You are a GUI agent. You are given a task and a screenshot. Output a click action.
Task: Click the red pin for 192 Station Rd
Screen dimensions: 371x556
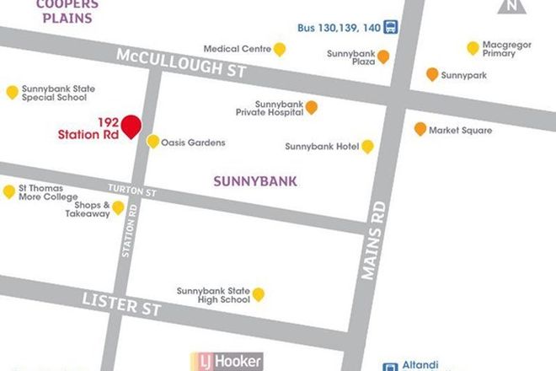pyautogui.click(x=131, y=126)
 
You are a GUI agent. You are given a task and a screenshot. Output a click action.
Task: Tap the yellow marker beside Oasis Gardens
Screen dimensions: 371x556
pyautogui.click(x=152, y=141)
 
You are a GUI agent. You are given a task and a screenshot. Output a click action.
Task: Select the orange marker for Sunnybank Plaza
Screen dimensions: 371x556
pyautogui.click(x=382, y=56)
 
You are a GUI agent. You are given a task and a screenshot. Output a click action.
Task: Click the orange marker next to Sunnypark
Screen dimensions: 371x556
pyautogui.click(x=432, y=74)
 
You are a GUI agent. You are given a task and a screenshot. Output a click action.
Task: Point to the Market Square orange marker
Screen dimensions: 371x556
pyautogui.click(x=420, y=129)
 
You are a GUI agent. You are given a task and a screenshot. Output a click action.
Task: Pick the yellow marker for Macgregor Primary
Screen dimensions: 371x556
pyautogui.click(x=473, y=48)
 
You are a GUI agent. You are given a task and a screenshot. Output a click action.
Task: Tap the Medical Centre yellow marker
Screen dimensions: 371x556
pyautogui.click(x=280, y=49)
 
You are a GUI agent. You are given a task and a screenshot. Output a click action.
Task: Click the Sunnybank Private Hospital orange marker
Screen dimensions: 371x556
pyautogui.click(x=312, y=107)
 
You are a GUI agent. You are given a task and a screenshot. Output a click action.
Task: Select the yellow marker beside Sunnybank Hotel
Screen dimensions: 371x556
pyautogui.click(x=367, y=146)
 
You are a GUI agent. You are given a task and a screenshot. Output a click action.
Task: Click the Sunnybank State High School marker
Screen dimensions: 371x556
pyautogui.click(x=259, y=293)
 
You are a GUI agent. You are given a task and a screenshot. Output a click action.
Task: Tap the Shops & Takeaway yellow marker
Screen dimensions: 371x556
pyautogui.click(x=118, y=207)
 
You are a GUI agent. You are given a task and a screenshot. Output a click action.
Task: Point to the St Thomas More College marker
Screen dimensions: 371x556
pyautogui.click(x=9, y=191)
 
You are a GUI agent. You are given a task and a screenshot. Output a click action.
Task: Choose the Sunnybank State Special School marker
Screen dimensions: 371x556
pyautogui.click(x=12, y=92)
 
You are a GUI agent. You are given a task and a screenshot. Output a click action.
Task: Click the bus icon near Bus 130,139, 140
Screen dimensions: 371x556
pyautogui.click(x=392, y=26)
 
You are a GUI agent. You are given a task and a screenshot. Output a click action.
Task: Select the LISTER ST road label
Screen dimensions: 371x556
pyautogui.click(x=120, y=304)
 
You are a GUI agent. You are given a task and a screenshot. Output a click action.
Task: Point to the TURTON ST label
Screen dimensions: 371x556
pyautogui.click(x=133, y=191)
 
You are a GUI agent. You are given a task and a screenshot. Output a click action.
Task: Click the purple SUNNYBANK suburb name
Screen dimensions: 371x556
pyautogui.click(x=255, y=180)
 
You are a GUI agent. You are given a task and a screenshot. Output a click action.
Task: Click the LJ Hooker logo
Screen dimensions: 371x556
pyautogui.click(x=230, y=362)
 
